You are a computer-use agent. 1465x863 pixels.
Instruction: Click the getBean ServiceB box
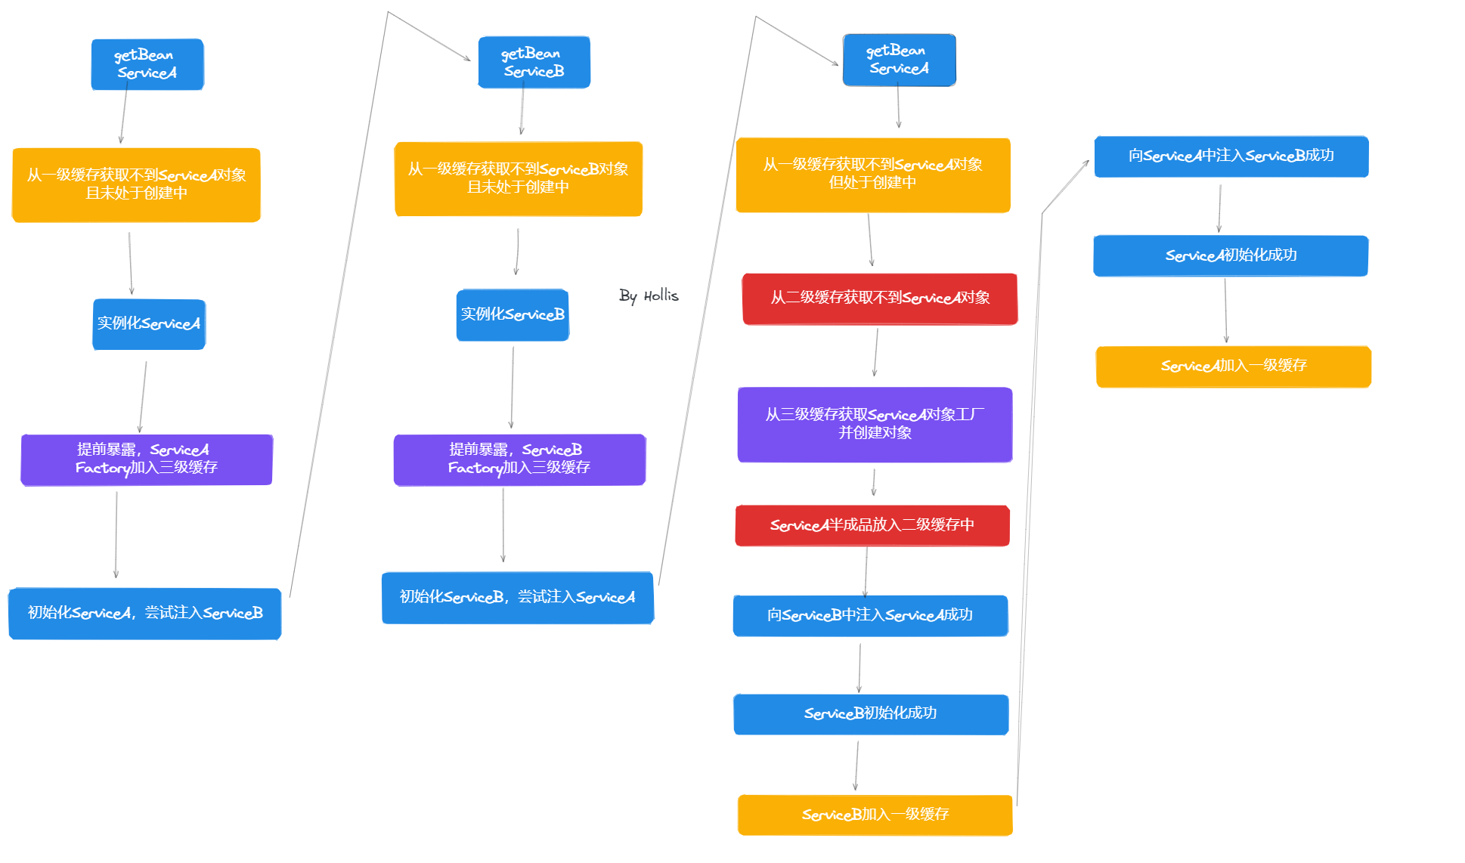534,63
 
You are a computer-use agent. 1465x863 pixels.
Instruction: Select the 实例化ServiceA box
149,324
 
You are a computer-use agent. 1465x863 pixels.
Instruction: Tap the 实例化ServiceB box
513,315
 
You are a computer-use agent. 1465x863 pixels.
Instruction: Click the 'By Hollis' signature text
649,295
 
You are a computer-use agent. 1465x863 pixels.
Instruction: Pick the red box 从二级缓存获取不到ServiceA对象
880,298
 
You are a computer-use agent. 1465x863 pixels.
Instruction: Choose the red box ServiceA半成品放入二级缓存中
872,525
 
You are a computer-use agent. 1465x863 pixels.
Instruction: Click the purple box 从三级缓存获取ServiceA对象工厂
875,424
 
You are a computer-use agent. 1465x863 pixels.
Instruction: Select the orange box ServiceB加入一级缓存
875,815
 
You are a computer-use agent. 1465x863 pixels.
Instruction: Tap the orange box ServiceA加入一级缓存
1233,367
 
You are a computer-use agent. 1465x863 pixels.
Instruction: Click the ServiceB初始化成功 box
871,714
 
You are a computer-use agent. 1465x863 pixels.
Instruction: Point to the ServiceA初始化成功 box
1231,256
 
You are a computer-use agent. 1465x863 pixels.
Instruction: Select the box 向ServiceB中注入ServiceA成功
870,616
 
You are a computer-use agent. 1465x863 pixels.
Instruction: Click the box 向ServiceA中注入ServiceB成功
1231,156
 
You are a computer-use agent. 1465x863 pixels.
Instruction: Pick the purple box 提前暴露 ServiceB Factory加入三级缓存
519,459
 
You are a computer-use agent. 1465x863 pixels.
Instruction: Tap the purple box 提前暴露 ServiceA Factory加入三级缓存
147,459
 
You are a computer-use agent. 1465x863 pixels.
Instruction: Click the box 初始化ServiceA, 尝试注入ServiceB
145,614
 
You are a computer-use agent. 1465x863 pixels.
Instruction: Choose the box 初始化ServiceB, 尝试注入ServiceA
518,598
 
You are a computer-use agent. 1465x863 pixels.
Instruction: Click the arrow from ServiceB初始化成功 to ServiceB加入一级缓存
856,765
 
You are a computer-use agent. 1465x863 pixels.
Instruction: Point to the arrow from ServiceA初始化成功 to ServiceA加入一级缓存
1225,311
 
